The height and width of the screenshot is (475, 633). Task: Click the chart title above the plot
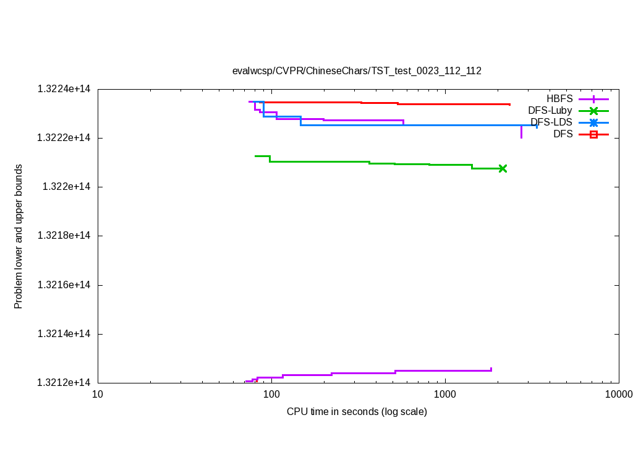tap(357, 71)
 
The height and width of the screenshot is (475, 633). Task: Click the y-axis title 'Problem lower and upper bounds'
tap(19, 236)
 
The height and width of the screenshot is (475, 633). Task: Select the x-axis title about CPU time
tap(357, 411)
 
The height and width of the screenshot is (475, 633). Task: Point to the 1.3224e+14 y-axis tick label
tap(64, 89)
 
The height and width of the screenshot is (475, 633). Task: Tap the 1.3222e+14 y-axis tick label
tap(64, 138)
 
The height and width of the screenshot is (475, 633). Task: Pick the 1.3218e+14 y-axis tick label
tap(64, 236)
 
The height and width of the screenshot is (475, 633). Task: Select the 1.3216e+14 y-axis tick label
tap(64, 285)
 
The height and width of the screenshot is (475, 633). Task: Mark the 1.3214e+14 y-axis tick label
tap(64, 334)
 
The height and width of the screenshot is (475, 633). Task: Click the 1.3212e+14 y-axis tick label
tap(64, 383)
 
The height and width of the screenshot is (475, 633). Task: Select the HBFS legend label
tap(559, 98)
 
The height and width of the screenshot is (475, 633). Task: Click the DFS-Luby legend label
tap(550, 110)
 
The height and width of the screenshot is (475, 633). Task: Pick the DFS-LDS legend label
tap(551, 122)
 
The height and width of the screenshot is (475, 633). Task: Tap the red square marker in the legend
tap(593, 134)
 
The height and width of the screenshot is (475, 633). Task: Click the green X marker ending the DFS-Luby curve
tap(503, 168)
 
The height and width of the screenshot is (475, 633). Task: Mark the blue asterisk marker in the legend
tap(593, 122)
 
